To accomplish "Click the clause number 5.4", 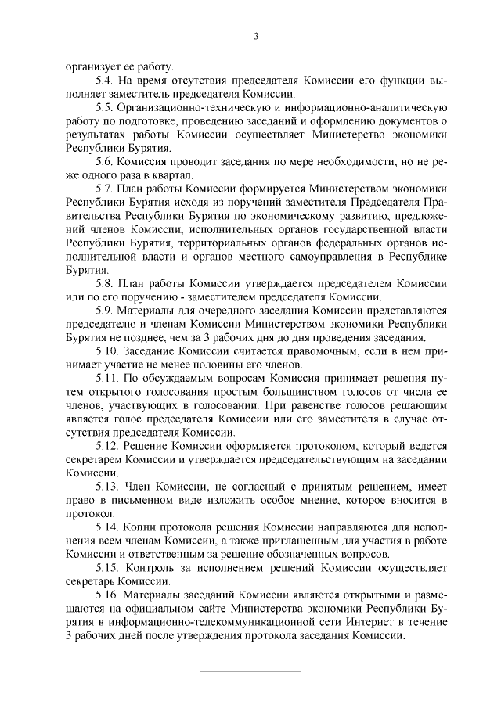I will coord(104,81).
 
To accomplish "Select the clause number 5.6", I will coord(104,160).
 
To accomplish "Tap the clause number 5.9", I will coord(104,311).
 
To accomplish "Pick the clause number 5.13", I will coord(107,488).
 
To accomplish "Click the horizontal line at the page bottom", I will coord(250,672).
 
